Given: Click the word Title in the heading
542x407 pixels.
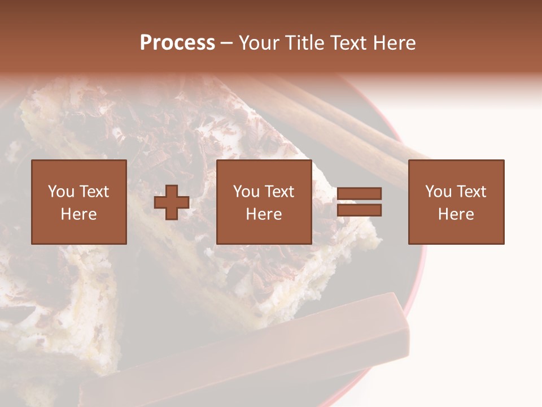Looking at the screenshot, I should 304,44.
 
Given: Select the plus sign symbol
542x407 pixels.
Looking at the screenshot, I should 172,202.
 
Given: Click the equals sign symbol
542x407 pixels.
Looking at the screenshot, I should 359,202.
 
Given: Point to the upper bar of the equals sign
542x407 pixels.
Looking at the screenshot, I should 359,194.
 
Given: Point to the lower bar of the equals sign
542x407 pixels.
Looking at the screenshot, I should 359,210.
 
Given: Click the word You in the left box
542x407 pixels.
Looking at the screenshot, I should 61,192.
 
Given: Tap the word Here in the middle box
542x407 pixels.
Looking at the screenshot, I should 264,214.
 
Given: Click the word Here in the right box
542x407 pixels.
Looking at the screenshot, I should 456,214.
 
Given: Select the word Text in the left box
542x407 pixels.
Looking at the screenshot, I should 94,192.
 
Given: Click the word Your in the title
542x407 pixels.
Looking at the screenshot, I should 259,44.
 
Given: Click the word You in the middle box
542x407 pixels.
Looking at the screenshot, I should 246,192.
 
